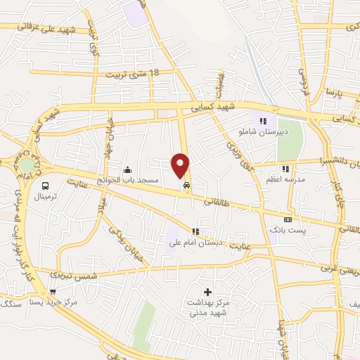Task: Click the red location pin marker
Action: point(181,165)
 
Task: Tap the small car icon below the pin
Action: point(186,186)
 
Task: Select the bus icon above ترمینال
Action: point(46,186)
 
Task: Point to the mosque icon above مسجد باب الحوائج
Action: point(127,169)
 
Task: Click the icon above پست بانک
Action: point(287,219)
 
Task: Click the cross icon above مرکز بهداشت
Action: point(207,292)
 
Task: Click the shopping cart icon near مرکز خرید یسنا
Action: point(53,292)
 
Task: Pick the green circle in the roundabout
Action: point(27,165)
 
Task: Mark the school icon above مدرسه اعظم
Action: point(285,169)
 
